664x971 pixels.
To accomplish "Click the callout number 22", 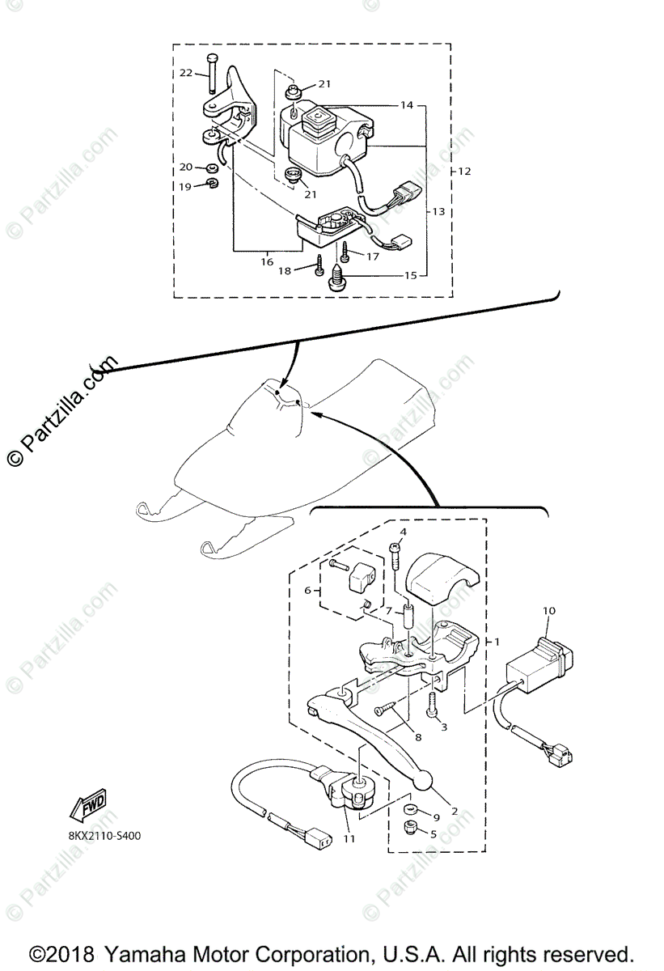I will point(186,73).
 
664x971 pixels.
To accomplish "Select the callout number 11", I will point(349,839).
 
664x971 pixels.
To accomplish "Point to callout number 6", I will point(307,591).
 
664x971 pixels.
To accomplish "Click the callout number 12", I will point(464,172).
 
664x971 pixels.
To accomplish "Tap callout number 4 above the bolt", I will point(402,532).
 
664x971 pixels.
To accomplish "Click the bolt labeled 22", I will point(212,74).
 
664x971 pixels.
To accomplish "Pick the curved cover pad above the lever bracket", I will point(434,578).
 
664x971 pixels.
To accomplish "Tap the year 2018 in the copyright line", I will point(74,952).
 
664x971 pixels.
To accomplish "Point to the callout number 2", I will point(455,812).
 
